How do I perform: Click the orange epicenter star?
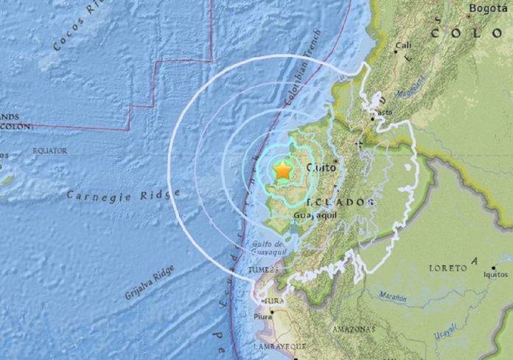(x=282, y=170)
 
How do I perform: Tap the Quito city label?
(x=321, y=167)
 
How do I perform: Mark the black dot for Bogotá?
(x=470, y=15)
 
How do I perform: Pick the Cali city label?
(x=404, y=45)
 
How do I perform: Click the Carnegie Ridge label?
(x=123, y=194)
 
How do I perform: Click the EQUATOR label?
(x=49, y=150)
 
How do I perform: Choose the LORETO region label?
(x=449, y=268)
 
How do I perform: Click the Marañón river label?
(x=393, y=297)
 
